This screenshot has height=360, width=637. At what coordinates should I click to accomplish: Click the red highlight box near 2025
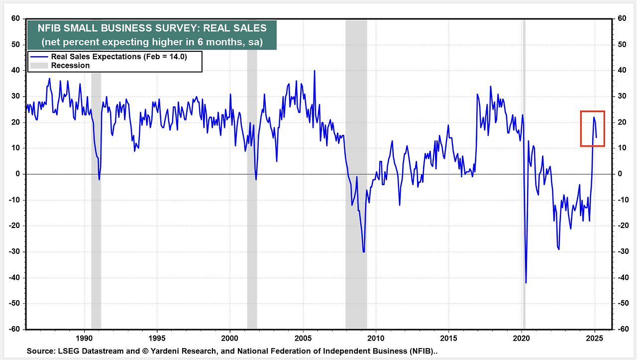tap(592, 128)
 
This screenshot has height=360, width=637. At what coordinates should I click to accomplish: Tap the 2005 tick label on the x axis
tap(303, 336)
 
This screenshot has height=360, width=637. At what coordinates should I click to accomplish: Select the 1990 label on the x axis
tap(84, 336)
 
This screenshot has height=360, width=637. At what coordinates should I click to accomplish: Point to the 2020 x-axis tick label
tap(522, 336)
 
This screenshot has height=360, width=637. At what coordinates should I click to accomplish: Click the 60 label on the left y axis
tap(16, 18)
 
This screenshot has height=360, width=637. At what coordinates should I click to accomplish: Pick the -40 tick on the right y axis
tap(622, 277)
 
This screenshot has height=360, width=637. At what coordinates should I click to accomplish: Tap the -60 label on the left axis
tap(14, 329)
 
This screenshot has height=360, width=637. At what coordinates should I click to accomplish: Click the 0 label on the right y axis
tap(619, 174)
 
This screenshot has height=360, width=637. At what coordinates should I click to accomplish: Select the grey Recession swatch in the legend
tap(39, 66)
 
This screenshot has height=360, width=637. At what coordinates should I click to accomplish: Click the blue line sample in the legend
tap(39, 57)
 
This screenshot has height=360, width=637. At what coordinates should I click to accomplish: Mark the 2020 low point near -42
tap(526, 283)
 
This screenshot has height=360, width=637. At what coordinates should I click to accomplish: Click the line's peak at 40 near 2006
tap(315, 71)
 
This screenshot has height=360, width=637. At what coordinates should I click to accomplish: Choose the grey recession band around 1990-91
tap(96, 199)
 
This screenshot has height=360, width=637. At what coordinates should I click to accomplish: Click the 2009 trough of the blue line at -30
tap(364, 251)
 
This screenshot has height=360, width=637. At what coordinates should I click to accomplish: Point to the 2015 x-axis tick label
tap(448, 336)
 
